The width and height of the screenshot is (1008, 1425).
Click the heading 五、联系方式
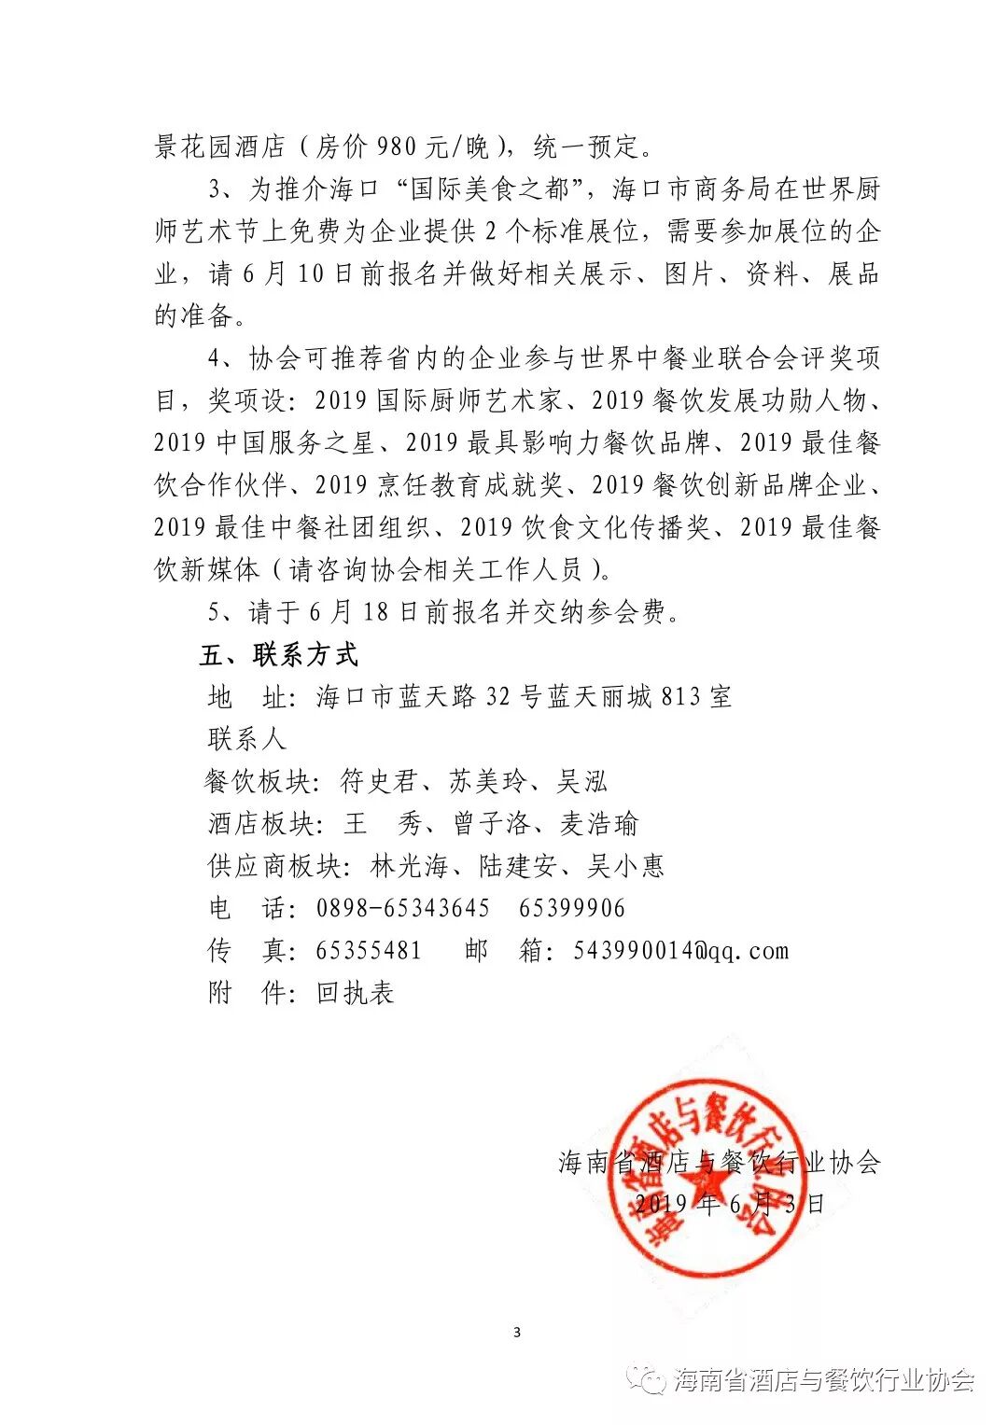278,655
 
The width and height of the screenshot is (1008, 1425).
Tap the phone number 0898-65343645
403,908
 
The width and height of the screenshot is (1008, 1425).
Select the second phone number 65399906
571,908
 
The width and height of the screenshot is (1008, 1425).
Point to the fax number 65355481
370,951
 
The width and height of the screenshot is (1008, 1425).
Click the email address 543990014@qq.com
680,951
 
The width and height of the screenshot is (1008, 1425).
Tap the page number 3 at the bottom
517,1332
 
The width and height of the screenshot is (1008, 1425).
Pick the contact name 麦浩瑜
598,824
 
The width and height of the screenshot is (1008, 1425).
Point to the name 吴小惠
625,867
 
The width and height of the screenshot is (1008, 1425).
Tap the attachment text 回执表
356,993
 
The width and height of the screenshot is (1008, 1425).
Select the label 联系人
246,739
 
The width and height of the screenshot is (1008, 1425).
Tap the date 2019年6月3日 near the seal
729,1204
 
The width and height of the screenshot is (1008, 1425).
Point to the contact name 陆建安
518,867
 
